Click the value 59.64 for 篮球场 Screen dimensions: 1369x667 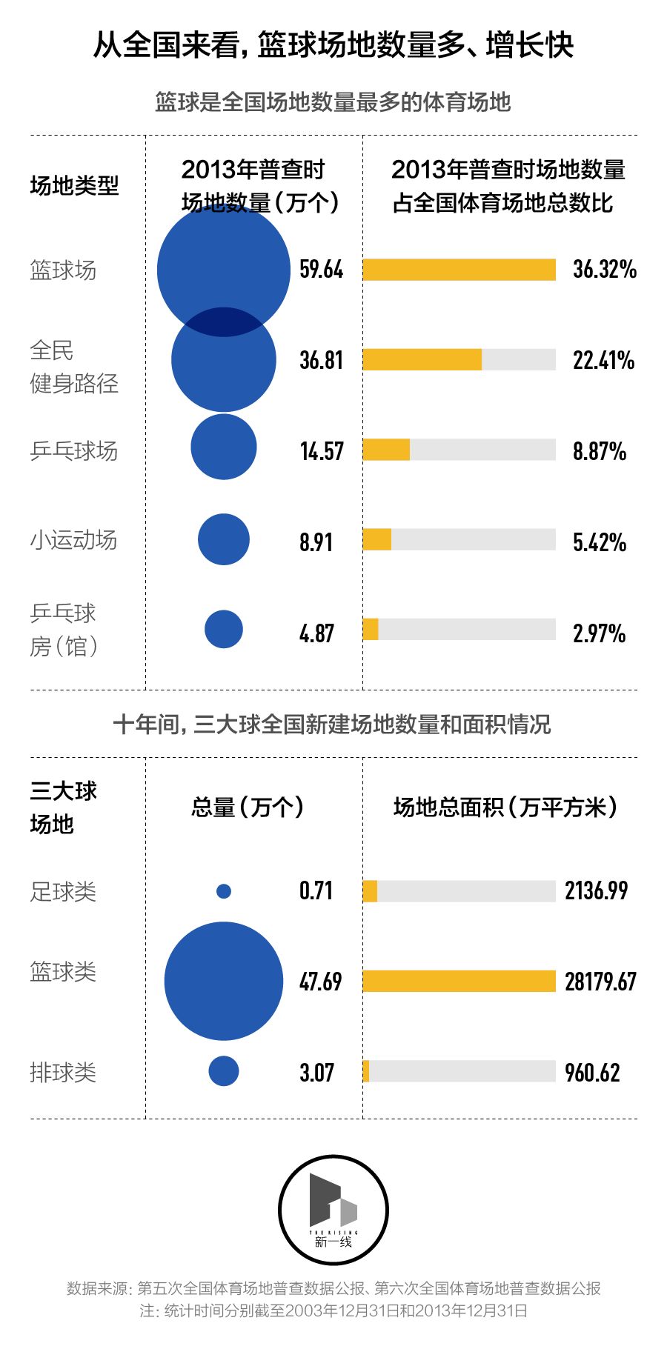coord(321,269)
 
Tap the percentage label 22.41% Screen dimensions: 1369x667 coord(603,361)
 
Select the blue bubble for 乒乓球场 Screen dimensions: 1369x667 coord(223,447)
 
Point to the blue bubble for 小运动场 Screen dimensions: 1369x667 coord(223,539)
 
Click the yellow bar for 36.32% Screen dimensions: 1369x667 coord(459,270)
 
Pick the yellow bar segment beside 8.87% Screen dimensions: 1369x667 coord(386,450)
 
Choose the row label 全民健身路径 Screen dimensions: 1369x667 coord(73,367)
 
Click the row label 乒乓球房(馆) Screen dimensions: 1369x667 coord(64,630)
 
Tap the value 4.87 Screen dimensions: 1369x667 coord(316,633)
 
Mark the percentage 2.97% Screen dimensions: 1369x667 coord(599,633)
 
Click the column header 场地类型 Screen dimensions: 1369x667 coord(74,185)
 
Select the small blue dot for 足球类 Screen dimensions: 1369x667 coord(223,891)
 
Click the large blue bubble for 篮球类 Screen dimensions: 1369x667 coord(223,981)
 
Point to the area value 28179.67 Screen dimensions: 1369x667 coord(600,982)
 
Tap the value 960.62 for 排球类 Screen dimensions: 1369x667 coord(591,1072)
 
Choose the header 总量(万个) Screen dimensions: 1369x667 coord(247,807)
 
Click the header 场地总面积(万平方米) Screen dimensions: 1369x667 coord(505,807)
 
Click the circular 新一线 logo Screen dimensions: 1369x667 coord(333,1210)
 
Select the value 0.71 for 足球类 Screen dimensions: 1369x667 coord(316,890)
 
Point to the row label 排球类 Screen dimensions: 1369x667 coord(63,1072)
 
